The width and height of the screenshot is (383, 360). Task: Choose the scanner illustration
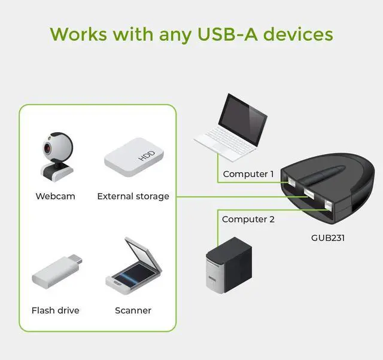tap(133, 267)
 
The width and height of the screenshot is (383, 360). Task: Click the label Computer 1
tap(248, 174)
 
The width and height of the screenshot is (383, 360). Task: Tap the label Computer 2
tap(248, 219)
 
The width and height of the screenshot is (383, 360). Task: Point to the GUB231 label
tap(328, 238)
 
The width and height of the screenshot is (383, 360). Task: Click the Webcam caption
tap(55, 196)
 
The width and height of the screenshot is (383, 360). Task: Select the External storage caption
tap(133, 196)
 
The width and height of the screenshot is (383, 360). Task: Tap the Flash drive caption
tap(55, 310)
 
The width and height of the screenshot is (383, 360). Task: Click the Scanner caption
tap(133, 310)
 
